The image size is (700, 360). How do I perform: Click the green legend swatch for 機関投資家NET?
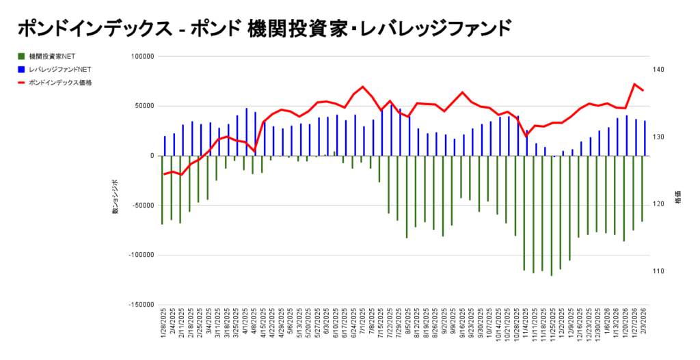pyautogui.click(x=22, y=56)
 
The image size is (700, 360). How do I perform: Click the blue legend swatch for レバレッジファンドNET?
pyautogui.click(x=22, y=69)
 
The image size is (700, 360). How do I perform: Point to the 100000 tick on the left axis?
pyautogui.click(x=141, y=57)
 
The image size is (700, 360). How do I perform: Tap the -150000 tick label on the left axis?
pyautogui.click(x=139, y=305)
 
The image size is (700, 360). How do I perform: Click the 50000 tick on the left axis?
pyautogui.click(x=143, y=106)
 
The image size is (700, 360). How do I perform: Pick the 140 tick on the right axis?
pyautogui.click(x=658, y=70)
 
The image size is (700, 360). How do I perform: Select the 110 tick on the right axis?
pyautogui.click(x=658, y=271)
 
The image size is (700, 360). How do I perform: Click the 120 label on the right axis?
pyautogui.click(x=658, y=204)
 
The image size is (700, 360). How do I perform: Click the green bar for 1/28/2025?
pyautogui.click(x=162, y=190)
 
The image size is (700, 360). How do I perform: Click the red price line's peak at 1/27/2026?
pyautogui.click(x=634, y=84)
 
